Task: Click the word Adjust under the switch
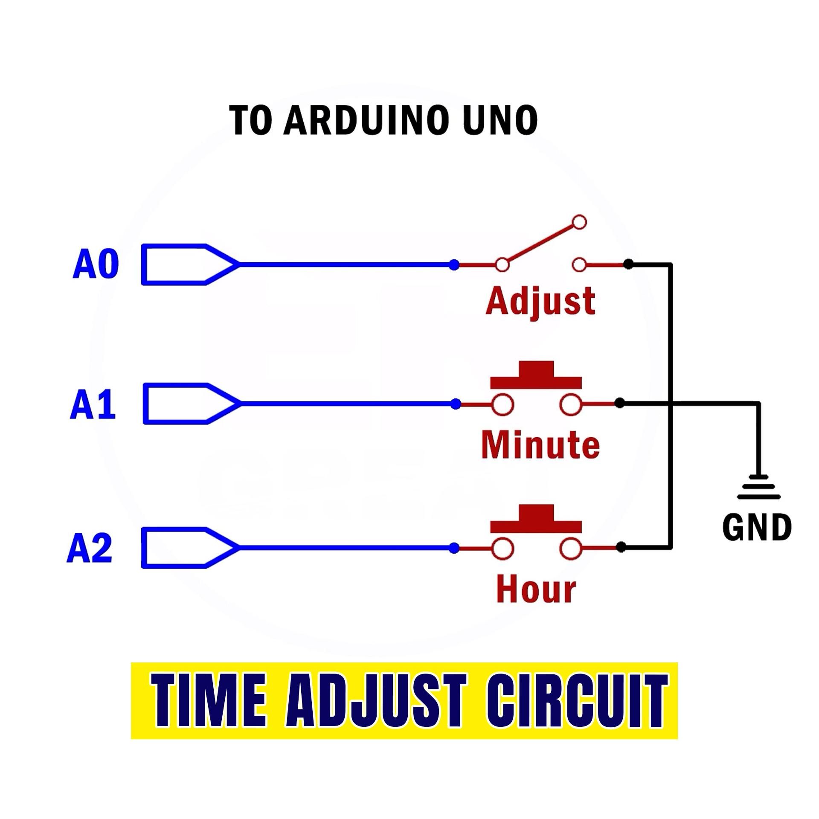pyautogui.click(x=540, y=302)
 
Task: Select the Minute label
pyautogui.click(x=540, y=445)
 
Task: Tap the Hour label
pyautogui.click(x=536, y=590)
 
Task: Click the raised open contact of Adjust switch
pyautogui.click(x=579, y=222)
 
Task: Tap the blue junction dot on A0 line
pyautogui.click(x=454, y=265)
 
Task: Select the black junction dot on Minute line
pyautogui.click(x=620, y=403)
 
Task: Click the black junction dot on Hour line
pyautogui.click(x=622, y=547)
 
